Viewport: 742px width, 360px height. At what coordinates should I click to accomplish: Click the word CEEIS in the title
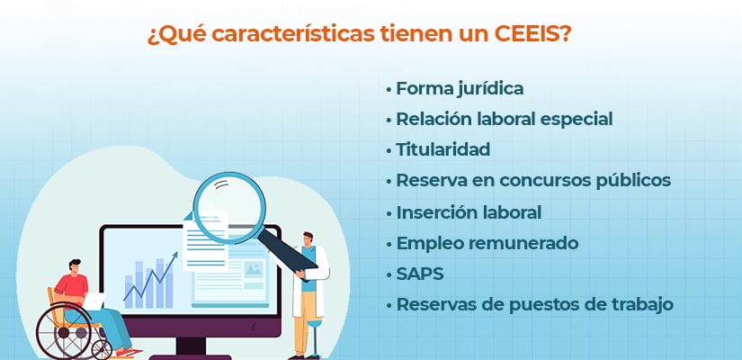528,34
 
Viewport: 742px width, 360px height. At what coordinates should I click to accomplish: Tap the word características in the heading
292,34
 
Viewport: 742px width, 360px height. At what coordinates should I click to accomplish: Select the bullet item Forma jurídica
460,89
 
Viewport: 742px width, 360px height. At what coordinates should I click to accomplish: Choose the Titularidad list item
443,149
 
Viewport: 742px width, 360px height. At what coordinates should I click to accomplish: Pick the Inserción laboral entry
469,212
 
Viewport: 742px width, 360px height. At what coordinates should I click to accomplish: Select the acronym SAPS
420,274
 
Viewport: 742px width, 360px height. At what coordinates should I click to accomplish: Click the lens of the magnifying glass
229,208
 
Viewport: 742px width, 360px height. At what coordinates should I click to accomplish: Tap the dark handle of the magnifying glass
287,250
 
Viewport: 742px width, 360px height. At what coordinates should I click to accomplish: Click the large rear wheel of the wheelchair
64,331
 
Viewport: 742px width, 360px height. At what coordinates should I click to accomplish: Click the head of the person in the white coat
308,238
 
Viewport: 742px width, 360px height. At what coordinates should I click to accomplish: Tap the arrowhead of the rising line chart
174,256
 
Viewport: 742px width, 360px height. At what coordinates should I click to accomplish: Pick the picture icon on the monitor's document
254,269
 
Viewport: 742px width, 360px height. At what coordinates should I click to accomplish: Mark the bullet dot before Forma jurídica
389,89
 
